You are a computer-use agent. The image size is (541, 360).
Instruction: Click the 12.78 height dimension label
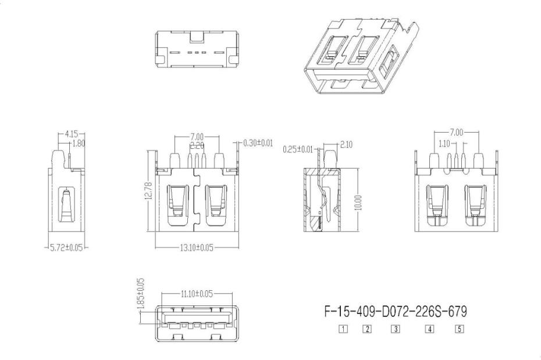click(148, 191)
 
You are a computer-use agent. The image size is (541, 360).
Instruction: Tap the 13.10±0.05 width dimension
click(197, 248)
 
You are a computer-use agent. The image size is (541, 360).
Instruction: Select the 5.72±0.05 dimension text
click(66, 248)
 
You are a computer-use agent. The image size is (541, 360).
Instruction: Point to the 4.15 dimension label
click(72, 133)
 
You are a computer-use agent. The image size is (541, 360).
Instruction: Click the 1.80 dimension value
click(79, 144)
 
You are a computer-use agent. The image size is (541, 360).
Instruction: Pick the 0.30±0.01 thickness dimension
click(258, 142)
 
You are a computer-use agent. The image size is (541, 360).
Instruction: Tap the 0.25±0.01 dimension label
click(297, 149)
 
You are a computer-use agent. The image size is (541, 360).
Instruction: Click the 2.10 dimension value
click(346, 144)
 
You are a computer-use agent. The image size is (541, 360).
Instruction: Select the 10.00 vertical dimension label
click(358, 203)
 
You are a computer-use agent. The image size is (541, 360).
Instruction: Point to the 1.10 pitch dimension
click(444, 144)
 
